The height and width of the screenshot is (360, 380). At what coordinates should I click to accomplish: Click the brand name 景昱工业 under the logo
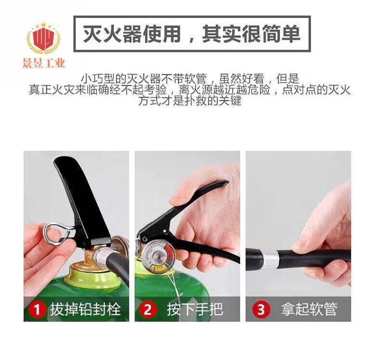(x=44, y=63)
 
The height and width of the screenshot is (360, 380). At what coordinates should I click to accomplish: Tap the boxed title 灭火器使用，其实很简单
(x=192, y=34)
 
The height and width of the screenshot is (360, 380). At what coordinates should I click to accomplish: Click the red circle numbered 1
(x=37, y=309)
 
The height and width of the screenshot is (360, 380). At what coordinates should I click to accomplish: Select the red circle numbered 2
(x=148, y=309)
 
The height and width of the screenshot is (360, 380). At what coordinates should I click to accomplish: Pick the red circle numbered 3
(x=261, y=309)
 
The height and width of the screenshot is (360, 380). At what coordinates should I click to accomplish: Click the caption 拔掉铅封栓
(x=85, y=309)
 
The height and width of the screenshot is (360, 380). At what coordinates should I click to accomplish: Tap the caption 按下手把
(x=195, y=309)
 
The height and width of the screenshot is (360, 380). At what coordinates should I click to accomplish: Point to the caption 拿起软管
(x=309, y=309)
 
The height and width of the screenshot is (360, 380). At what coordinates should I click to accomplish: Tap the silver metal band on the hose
(x=271, y=260)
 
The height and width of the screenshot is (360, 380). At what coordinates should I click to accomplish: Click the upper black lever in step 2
(x=184, y=208)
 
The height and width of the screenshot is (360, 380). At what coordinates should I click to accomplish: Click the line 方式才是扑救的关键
(x=190, y=101)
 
